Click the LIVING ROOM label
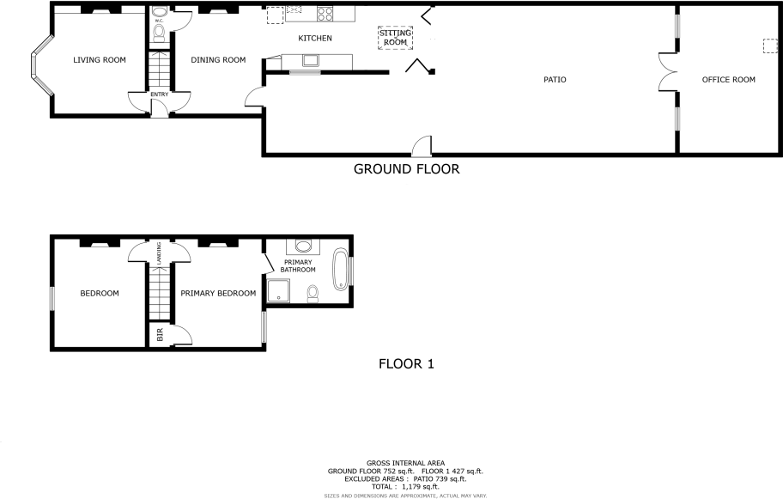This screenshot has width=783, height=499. [100, 59]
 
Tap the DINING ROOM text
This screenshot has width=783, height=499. [218, 60]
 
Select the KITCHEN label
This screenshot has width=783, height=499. [314, 39]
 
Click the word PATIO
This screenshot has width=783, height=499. [555, 80]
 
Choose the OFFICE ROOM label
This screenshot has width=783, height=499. [728, 80]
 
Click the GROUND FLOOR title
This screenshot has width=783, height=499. [406, 169]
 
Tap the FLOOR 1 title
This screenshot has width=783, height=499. [406, 364]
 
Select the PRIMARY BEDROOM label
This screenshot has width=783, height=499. [218, 294]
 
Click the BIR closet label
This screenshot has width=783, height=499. [160, 333]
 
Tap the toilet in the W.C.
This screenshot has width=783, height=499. [158, 32]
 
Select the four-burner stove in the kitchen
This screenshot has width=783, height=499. [326, 14]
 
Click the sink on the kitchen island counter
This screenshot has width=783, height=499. [309, 60]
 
